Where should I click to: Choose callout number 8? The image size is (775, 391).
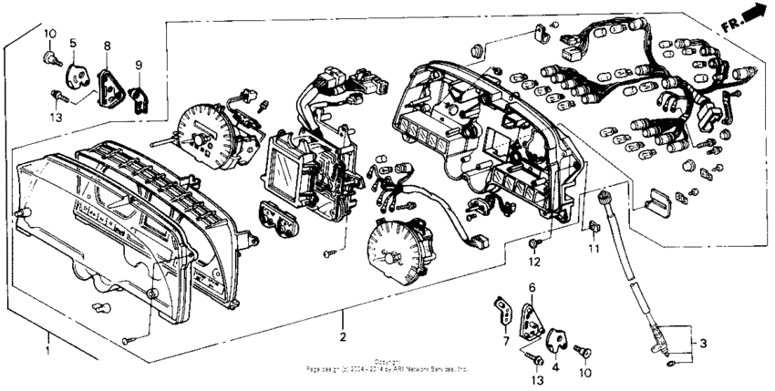107,45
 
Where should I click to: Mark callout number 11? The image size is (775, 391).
594,247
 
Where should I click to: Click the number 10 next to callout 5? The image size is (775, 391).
50,34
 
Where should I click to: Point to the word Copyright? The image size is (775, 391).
387,363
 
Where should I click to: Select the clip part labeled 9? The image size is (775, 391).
139,95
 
